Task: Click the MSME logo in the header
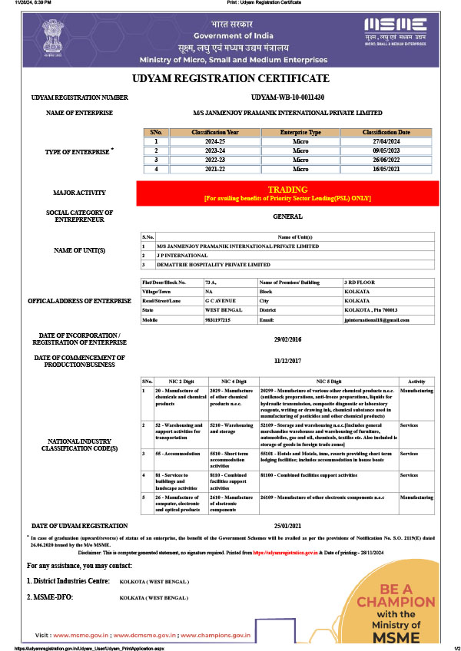point(395,30)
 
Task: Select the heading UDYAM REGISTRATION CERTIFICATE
point(230,78)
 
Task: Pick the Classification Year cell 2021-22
point(215,169)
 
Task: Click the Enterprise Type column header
point(299,132)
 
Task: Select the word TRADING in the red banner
point(287,189)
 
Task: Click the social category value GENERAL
point(287,217)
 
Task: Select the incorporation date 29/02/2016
point(287,339)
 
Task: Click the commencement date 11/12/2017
point(287,360)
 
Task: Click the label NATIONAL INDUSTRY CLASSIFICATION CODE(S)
point(82,444)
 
